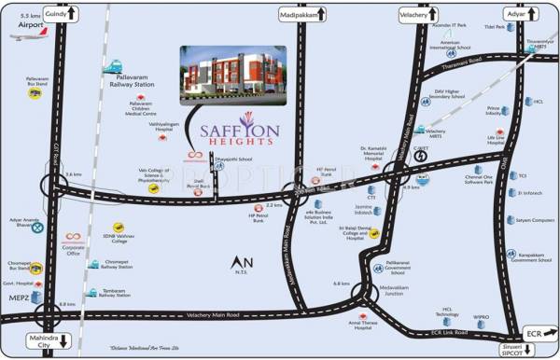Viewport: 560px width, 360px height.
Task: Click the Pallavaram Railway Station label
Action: click(x=132, y=83)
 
